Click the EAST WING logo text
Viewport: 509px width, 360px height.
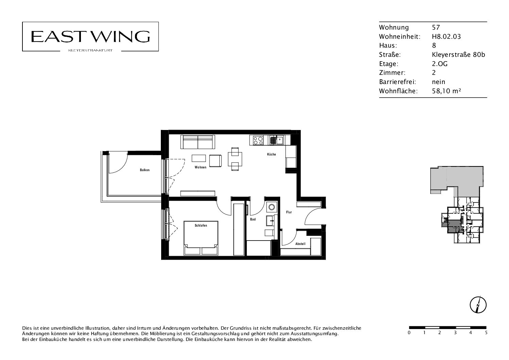tap(90, 36)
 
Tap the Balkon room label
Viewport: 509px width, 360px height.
tap(145, 170)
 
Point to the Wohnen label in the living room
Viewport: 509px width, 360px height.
tap(200, 167)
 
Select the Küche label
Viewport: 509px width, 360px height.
tap(271, 154)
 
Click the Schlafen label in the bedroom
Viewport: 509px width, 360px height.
tap(201, 225)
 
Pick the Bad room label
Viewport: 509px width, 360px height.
tap(253, 219)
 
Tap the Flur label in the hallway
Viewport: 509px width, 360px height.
tap(289, 212)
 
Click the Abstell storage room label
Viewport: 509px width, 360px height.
tap(300, 244)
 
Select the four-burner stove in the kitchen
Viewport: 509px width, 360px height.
tap(258, 140)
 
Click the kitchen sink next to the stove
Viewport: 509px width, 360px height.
tap(276, 140)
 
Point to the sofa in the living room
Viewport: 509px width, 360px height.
tap(198, 142)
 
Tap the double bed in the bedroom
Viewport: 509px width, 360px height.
tap(201, 238)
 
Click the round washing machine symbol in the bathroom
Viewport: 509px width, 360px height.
tap(272, 207)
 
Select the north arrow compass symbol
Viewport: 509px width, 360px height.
tap(478, 305)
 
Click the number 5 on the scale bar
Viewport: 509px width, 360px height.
tap(486, 333)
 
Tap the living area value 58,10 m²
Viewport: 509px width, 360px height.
tap(446, 91)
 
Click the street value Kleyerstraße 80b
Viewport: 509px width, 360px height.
tap(458, 54)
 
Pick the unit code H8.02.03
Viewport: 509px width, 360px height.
tap(446, 36)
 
